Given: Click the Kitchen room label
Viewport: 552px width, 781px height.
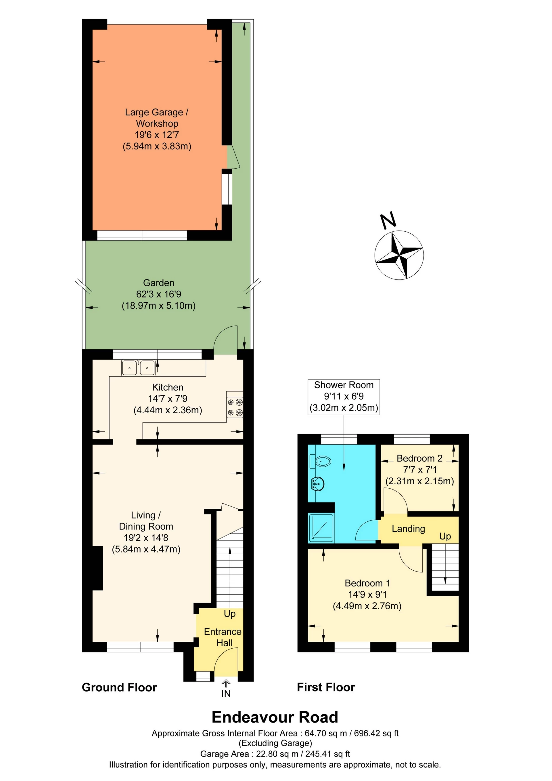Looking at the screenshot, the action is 168,387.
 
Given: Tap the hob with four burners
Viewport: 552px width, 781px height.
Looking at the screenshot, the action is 235,407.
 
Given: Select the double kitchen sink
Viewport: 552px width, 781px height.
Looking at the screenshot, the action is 138,368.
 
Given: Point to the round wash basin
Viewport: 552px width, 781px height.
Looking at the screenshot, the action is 317,483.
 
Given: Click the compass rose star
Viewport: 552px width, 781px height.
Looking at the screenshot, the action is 399,255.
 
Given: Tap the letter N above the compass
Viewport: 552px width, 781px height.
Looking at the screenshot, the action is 388,220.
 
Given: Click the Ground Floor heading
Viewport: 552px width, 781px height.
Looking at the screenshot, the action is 119,687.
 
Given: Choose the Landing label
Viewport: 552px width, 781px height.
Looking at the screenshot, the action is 408,529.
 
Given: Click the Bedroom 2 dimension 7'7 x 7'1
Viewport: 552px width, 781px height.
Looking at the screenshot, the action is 420,470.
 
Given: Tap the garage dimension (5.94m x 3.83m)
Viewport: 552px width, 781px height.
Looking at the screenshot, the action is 157,146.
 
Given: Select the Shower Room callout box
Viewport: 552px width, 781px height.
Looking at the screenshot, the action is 344,397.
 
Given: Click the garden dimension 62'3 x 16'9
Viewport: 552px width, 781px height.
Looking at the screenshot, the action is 159,294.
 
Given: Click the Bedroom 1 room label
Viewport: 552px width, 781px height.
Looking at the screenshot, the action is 367,583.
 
